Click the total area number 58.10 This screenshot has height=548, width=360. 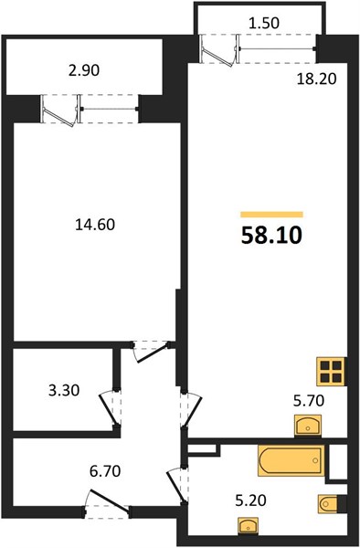(271, 236)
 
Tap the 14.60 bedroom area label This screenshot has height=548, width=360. (95, 225)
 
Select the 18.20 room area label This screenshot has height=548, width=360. (316, 79)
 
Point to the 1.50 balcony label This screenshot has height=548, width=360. (264, 23)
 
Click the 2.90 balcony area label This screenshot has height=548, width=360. (84, 70)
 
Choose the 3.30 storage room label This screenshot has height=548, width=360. (64, 390)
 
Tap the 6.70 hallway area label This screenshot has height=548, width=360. (105, 471)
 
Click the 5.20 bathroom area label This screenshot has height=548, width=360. (250, 501)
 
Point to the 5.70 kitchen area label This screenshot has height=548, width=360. (309, 401)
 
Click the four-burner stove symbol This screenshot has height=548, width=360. (331, 372)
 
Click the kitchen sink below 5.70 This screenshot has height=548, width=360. (308, 426)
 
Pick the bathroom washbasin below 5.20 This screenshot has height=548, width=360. (249, 525)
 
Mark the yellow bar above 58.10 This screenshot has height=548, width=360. (271, 215)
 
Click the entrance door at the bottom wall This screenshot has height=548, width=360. (108, 505)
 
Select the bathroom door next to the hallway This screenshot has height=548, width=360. (177, 485)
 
